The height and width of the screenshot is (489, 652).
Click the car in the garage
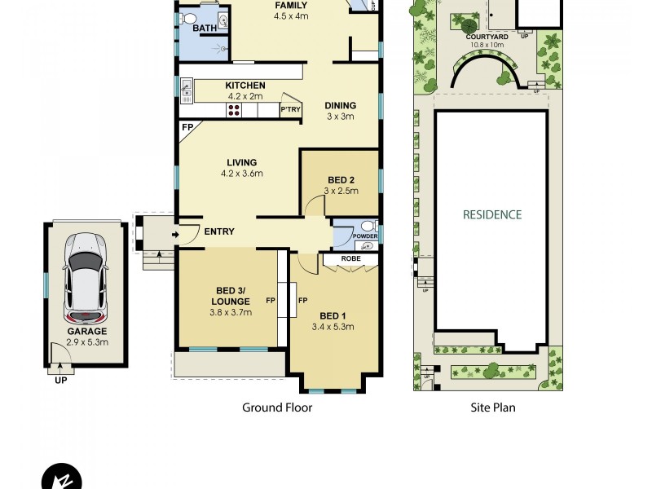coord(86,277)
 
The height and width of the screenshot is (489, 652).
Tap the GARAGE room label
coord(86,332)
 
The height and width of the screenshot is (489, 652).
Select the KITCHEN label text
coord(244,86)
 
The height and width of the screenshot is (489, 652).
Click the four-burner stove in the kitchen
coord(234,110)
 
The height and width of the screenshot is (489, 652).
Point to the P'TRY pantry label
coord(289,109)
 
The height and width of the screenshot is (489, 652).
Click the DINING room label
coord(340,105)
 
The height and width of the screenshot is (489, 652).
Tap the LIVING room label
coord(242,162)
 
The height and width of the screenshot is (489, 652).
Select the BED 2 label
coord(340,179)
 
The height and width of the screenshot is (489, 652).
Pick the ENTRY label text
coord(219,232)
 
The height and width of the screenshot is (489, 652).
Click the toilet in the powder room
coord(368,227)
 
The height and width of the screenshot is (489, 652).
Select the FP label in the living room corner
coord(187,128)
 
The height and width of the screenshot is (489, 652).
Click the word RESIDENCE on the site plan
coord(491,215)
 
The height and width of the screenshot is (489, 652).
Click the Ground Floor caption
coord(277,407)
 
